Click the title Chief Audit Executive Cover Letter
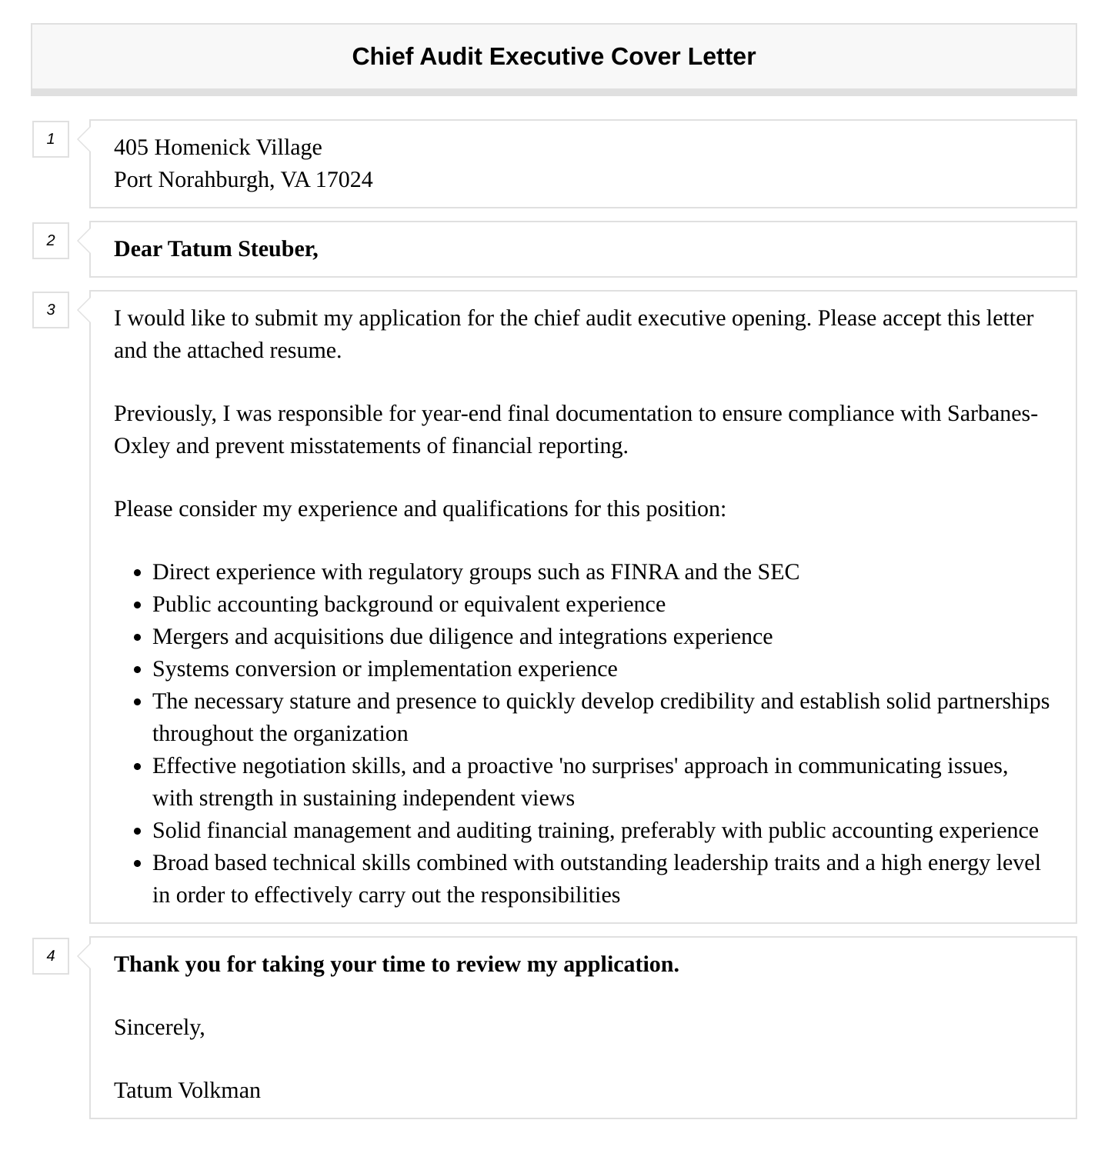[x=553, y=56]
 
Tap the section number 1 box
[x=51, y=139]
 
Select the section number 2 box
[x=51, y=241]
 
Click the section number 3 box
[x=51, y=310]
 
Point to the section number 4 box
[x=51, y=956]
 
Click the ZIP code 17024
[x=344, y=180]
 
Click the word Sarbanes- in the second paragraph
[x=992, y=414]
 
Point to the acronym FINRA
[x=644, y=572]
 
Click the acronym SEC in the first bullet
[x=778, y=572]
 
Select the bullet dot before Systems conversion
[x=137, y=670]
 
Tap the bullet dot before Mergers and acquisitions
[x=137, y=638]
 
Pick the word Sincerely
[x=159, y=1028]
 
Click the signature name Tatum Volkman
[x=187, y=1091]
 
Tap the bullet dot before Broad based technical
[x=137, y=864]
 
